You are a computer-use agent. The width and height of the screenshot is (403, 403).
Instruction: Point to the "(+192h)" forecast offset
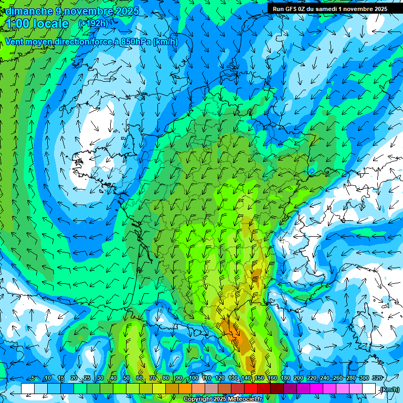[x=93, y=24]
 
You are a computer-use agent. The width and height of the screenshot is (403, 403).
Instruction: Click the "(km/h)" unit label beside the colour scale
[x=389, y=389]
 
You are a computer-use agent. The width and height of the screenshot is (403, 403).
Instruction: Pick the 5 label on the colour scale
[x=34, y=378]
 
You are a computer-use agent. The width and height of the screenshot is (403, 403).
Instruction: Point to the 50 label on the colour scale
[x=126, y=378]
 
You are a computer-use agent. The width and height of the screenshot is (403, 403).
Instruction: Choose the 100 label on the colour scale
[x=194, y=378]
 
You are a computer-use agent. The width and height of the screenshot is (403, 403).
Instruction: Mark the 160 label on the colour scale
[x=272, y=378]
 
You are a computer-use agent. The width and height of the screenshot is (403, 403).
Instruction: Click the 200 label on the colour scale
[x=298, y=378]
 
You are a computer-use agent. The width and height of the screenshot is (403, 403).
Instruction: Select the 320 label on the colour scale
[x=377, y=378]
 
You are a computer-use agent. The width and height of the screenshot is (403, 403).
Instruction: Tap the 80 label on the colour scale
[x=166, y=378]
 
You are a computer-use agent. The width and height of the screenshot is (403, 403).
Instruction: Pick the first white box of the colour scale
[x=27, y=388]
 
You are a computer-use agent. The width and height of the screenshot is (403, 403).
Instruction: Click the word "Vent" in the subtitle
[x=15, y=42]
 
